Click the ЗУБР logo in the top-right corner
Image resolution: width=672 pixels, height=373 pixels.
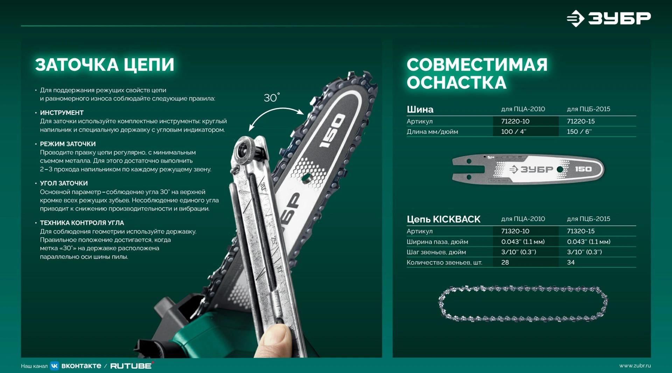(x=609, y=18)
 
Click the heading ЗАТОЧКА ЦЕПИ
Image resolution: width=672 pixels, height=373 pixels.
(x=105, y=65)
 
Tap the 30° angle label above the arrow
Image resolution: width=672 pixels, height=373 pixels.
(x=272, y=98)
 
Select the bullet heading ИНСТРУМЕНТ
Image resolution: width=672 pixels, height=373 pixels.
(x=62, y=113)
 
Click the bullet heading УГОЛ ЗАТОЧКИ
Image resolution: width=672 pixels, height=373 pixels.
(x=64, y=183)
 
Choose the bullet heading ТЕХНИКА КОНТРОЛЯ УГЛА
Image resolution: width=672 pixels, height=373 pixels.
(x=82, y=223)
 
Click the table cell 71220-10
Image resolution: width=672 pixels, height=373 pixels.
(x=515, y=121)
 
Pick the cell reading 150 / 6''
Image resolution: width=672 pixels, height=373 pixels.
(x=579, y=132)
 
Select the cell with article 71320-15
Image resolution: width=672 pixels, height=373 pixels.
(x=581, y=231)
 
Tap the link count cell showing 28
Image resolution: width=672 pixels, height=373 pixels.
(x=505, y=262)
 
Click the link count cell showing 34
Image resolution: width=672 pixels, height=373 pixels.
(x=571, y=262)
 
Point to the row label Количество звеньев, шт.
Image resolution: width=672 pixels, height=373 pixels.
(x=444, y=263)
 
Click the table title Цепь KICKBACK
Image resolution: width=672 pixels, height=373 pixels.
(x=443, y=219)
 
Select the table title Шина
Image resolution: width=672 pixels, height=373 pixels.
(x=420, y=110)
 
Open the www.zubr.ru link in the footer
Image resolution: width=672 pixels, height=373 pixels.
(x=635, y=366)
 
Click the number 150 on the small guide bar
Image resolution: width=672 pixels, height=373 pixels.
(x=583, y=169)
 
